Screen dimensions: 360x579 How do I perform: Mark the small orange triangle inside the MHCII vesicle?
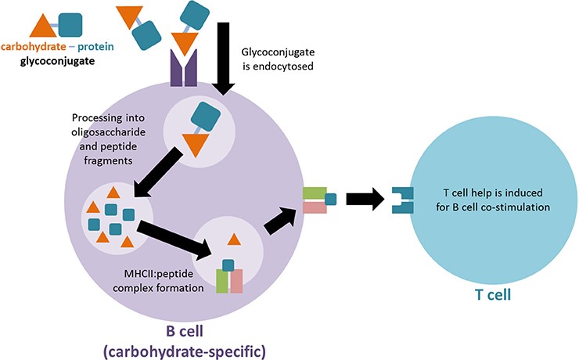pyautogui.click(x=232, y=239)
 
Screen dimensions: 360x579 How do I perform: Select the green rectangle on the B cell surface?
pyautogui.click(x=315, y=191)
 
